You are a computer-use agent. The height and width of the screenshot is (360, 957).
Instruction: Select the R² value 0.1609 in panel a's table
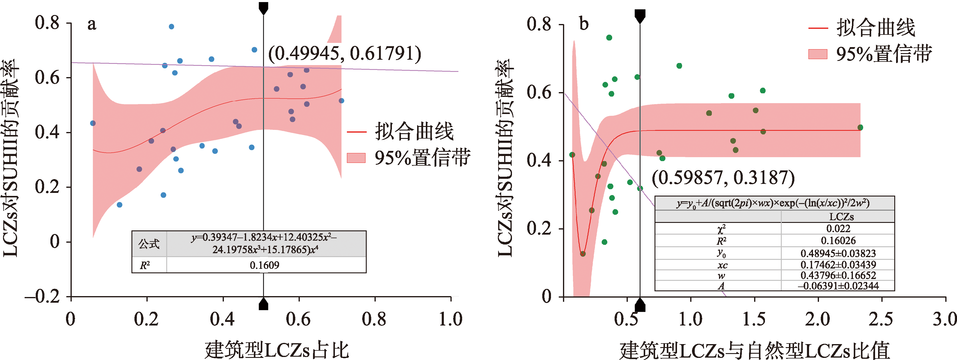coord(264,265)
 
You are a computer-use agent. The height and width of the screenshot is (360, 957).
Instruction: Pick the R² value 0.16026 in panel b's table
coord(838,241)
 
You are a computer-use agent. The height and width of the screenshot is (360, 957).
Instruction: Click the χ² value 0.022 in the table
coord(838,229)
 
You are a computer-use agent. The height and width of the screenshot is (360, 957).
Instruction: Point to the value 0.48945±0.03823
coord(838,253)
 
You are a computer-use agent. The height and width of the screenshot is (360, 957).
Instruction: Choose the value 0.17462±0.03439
coord(838,265)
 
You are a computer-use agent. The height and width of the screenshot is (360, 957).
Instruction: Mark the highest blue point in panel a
coord(171,27)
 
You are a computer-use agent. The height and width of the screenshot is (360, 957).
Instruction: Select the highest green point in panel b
coord(609,37)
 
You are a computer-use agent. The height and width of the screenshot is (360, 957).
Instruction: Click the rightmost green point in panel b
coord(860,127)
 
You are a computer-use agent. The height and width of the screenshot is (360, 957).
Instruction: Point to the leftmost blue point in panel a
coord(93,123)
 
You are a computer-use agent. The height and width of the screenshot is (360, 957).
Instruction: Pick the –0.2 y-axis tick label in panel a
coord(42,296)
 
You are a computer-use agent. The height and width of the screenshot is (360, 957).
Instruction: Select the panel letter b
coord(584,25)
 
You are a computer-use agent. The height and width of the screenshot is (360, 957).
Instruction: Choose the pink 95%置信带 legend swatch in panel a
coord(356,158)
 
